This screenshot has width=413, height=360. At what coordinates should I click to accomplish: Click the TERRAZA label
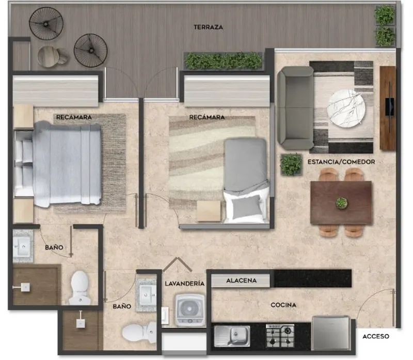pos(209,27)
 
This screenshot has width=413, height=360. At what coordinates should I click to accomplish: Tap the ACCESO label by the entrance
pos(376,336)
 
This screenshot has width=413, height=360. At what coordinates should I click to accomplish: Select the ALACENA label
pos(241,280)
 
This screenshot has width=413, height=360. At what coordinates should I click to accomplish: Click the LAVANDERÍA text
pos(185,284)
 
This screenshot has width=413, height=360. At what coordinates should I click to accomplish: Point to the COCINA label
pos(283,305)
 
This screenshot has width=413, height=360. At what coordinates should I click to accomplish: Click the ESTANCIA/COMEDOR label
pos(341,162)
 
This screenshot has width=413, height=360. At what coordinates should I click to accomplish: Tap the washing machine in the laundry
pos(190,310)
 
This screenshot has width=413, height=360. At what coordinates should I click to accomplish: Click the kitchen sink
pos(232,336)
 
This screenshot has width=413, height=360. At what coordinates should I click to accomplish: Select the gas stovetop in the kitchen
pos(280,336)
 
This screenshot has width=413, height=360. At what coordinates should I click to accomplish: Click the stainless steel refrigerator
pos(331,333)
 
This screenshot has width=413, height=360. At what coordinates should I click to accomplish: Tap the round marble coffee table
pos(346,108)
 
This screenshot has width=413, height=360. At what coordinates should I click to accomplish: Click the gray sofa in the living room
pos(295,108)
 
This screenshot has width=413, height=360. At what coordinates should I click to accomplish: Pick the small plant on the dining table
pos(341,203)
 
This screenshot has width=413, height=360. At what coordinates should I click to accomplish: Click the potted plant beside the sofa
pos(291,164)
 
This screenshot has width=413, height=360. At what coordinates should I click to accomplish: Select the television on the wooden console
pos(390,107)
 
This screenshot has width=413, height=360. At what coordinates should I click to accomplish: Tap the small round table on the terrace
pos(49,56)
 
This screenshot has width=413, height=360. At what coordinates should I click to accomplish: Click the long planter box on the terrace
pos(224,61)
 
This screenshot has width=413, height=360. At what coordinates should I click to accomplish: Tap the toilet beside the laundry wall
pos(139,332)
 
